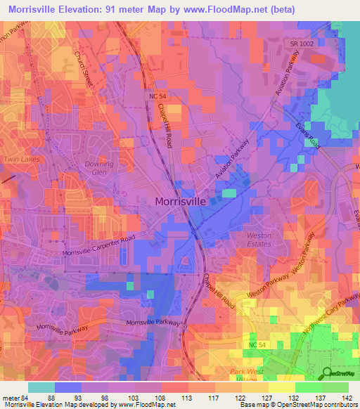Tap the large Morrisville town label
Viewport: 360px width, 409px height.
[x=180, y=201]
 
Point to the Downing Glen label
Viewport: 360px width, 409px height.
[x=98, y=168]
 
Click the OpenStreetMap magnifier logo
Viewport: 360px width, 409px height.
[x=328, y=372]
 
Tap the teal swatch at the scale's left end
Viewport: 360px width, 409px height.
[x=41, y=387]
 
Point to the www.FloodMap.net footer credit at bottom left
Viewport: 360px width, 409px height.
[x=88, y=405]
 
